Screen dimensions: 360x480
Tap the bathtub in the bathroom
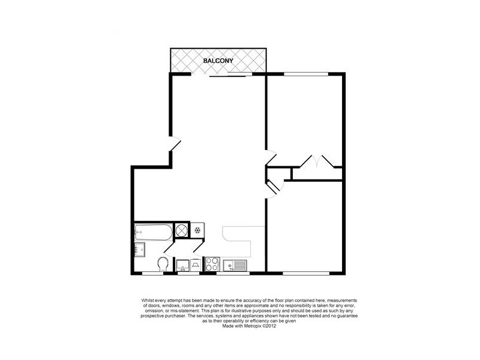pyautogui.click(x=152, y=230)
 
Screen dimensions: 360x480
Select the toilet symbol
pyautogui.click(x=162, y=263)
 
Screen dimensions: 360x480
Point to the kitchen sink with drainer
pyautogui.click(x=235, y=265)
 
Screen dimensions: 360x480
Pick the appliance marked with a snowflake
pyautogui.click(x=197, y=230)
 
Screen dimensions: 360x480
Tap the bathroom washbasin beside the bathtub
pyautogui.click(x=139, y=250)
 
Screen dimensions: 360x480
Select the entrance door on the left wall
pyautogui.click(x=173, y=144)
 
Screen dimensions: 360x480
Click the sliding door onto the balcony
pyautogui.click(x=228, y=75)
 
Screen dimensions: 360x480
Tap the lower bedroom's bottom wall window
pyautogui.click(x=306, y=274)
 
